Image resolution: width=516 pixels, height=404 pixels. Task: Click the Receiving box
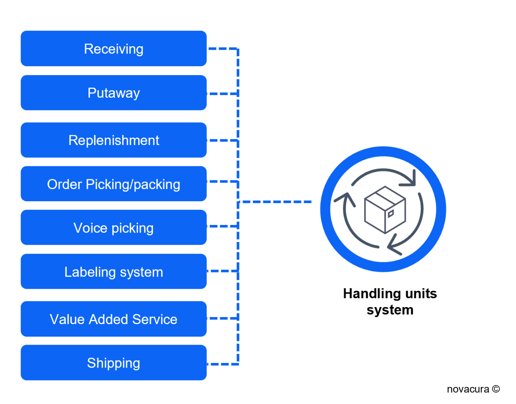(x=113, y=49)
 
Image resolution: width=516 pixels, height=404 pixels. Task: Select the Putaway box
(x=113, y=93)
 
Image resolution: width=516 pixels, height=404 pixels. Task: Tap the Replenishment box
(x=113, y=140)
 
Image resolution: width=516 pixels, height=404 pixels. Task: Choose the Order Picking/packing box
(x=113, y=184)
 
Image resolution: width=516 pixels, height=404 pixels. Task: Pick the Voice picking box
(x=113, y=228)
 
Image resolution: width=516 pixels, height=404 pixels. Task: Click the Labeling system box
(x=113, y=272)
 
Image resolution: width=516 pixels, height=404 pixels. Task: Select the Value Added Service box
(x=113, y=319)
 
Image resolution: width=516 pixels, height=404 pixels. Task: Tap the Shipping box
(x=113, y=363)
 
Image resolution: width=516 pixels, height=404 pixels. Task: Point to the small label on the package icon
(x=391, y=213)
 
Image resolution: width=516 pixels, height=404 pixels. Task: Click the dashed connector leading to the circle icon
(x=276, y=202)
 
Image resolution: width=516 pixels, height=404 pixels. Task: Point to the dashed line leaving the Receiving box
(x=222, y=49)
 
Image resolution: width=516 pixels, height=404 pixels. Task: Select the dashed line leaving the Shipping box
(x=222, y=364)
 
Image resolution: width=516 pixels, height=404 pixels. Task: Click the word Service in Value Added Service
(x=155, y=319)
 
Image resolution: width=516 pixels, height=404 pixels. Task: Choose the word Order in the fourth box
(x=64, y=184)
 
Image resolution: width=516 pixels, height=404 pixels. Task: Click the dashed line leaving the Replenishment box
(x=222, y=140)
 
